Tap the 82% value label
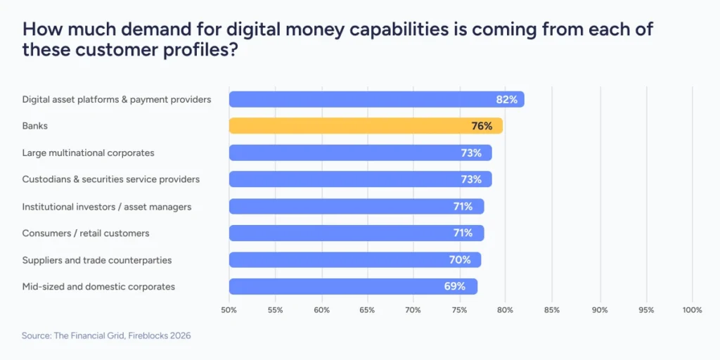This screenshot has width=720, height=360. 506,99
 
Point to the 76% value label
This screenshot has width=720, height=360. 482,126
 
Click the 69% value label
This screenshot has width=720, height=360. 455,286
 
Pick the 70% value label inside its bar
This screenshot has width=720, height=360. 459,259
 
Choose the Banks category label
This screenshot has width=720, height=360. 34,126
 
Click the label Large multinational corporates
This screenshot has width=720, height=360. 88,153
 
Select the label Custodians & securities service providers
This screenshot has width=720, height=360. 110,179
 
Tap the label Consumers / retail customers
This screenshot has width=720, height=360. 85,233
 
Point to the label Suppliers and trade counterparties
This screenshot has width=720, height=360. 96,259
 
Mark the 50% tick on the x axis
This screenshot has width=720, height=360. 229,310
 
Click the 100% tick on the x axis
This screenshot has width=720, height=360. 692,310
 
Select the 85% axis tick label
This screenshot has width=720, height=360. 553,310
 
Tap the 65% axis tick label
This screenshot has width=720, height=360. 368,310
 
